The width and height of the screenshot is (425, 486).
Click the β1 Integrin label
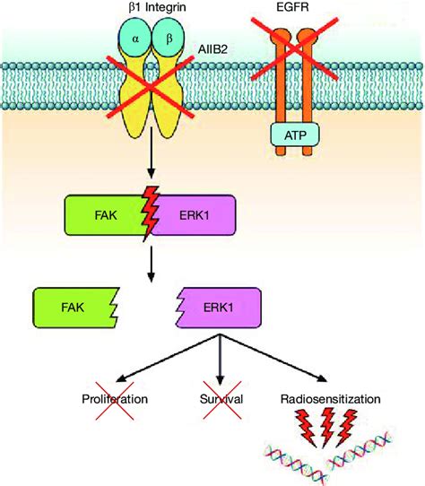(x=157, y=7)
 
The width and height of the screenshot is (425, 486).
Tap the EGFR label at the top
(x=292, y=6)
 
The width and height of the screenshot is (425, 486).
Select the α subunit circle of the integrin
(x=135, y=38)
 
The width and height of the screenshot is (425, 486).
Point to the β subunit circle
(x=169, y=38)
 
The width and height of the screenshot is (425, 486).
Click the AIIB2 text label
(x=213, y=49)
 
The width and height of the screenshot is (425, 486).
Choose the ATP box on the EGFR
(x=295, y=135)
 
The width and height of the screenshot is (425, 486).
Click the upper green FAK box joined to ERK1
(x=106, y=215)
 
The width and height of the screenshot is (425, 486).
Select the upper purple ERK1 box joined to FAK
(x=194, y=215)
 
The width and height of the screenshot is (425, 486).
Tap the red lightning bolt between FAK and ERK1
(x=150, y=213)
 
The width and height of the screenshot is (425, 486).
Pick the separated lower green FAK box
(x=75, y=308)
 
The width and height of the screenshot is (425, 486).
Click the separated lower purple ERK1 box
(x=219, y=308)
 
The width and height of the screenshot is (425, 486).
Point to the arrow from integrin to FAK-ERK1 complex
(x=151, y=152)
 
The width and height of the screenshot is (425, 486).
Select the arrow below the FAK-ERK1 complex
(x=151, y=265)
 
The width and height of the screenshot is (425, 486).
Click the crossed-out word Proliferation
(x=115, y=399)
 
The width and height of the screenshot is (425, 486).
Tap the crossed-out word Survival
(x=221, y=399)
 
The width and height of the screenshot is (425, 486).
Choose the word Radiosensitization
(x=331, y=399)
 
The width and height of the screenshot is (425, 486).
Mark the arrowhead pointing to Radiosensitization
(x=322, y=378)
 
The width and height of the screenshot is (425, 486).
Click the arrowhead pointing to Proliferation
(x=121, y=378)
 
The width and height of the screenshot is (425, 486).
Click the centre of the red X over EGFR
(x=294, y=48)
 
